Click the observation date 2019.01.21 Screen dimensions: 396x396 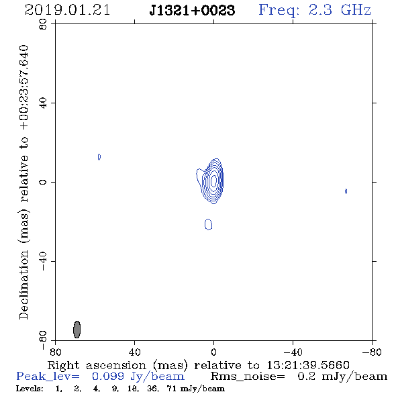67,10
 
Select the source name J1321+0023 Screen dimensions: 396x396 192,11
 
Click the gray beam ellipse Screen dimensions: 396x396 77,330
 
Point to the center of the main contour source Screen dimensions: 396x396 213,181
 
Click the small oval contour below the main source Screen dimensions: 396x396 208,224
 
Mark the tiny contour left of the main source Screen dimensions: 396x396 99,157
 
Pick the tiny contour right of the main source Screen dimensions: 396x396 346,191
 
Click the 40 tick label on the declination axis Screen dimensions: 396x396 43,103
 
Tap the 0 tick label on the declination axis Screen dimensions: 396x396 43,182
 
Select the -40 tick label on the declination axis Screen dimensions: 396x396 43,261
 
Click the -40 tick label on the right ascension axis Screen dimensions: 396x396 293,352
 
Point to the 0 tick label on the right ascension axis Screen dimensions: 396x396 213,352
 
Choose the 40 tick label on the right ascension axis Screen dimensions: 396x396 134,352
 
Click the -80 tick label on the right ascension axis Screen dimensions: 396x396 372,352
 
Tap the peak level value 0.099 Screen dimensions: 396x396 108,377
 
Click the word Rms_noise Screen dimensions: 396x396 248,377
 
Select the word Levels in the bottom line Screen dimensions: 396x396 30,389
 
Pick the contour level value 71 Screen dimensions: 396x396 171,389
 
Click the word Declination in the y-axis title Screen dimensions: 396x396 23,285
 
